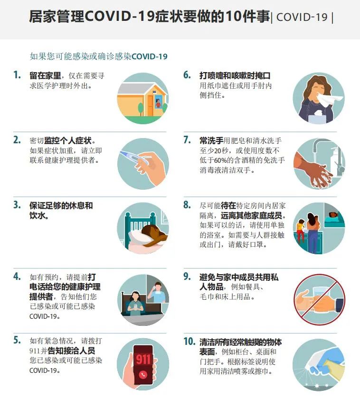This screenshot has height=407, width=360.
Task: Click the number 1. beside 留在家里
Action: [x=17, y=75]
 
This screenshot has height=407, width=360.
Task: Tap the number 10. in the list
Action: [x=189, y=342]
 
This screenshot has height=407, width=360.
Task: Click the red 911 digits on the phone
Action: [x=143, y=359]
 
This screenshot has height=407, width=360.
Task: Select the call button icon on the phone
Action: [x=143, y=375]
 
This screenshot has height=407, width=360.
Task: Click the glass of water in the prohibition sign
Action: [x=320, y=294]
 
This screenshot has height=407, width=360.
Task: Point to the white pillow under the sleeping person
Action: [x=137, y=238]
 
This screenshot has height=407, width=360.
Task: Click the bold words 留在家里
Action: [x=45, y=75]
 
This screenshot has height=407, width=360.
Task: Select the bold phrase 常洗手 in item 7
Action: [x=211, y=141]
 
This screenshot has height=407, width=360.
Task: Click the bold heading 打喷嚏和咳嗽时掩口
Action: [x=235, y=75]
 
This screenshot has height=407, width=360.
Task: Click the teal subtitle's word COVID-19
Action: [x=150, y=56]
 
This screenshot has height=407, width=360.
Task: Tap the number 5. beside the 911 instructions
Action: [x=17, y=340]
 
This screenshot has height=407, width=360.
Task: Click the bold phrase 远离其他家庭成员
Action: [x=251, y=215]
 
